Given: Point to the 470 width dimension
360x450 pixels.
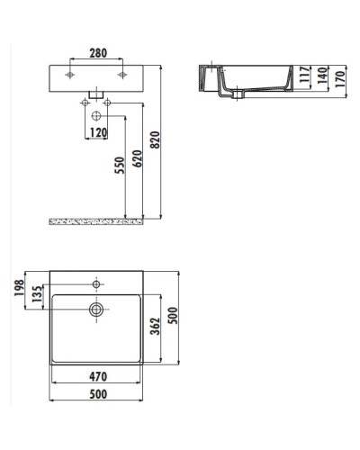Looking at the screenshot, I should pos(95,378).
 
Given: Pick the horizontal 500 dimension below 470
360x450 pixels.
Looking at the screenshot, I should pos(95,392).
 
